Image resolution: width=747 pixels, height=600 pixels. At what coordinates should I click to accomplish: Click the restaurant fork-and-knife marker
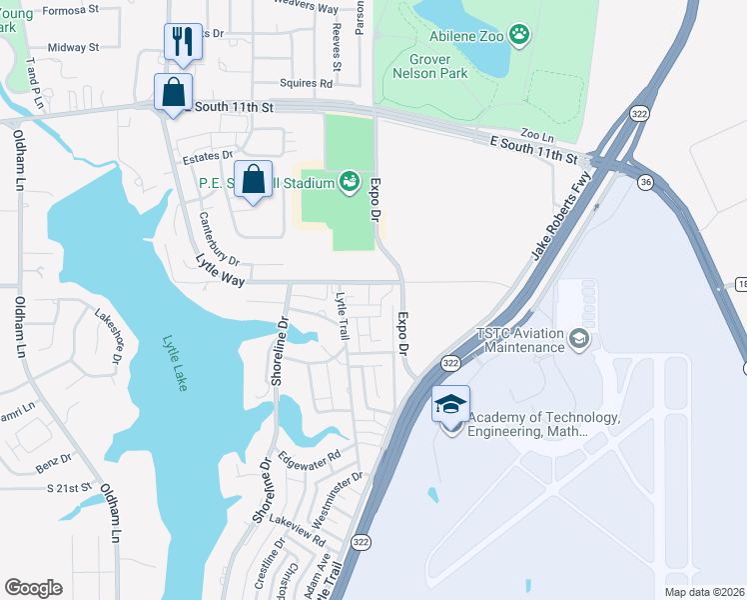click(182, 41)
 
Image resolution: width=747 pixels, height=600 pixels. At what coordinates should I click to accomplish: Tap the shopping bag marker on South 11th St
click(173, 92)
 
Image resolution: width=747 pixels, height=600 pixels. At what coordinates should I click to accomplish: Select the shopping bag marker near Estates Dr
click(254, 180)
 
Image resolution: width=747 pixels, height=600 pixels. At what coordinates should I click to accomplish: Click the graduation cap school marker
click(450, 405)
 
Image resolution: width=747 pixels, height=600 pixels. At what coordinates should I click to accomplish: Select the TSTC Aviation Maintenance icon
click(578, 341)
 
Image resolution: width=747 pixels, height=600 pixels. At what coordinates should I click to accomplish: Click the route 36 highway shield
click(645, 182)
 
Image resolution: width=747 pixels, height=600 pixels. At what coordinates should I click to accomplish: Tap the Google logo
click(33, 588)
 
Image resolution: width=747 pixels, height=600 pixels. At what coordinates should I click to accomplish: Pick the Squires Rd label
click(311, 84)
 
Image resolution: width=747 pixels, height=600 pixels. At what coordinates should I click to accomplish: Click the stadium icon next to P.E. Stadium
click(349, 182)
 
